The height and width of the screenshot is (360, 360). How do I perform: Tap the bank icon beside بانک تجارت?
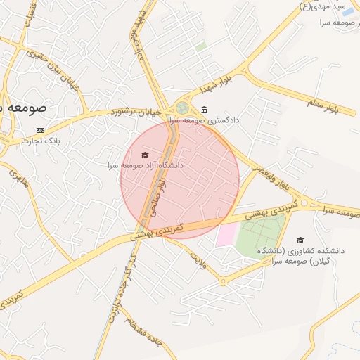point(40,130)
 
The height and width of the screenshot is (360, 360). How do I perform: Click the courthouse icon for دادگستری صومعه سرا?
point(204,110)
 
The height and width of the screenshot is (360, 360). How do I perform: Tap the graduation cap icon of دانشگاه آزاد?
point(145,155)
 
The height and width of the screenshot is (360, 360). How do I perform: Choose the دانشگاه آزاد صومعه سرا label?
point(145,165)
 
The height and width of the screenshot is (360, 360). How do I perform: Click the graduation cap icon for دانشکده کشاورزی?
point(300,240)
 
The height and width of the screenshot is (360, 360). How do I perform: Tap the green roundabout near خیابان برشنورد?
point(182,108)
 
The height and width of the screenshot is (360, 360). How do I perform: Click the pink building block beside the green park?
point(226,235)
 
